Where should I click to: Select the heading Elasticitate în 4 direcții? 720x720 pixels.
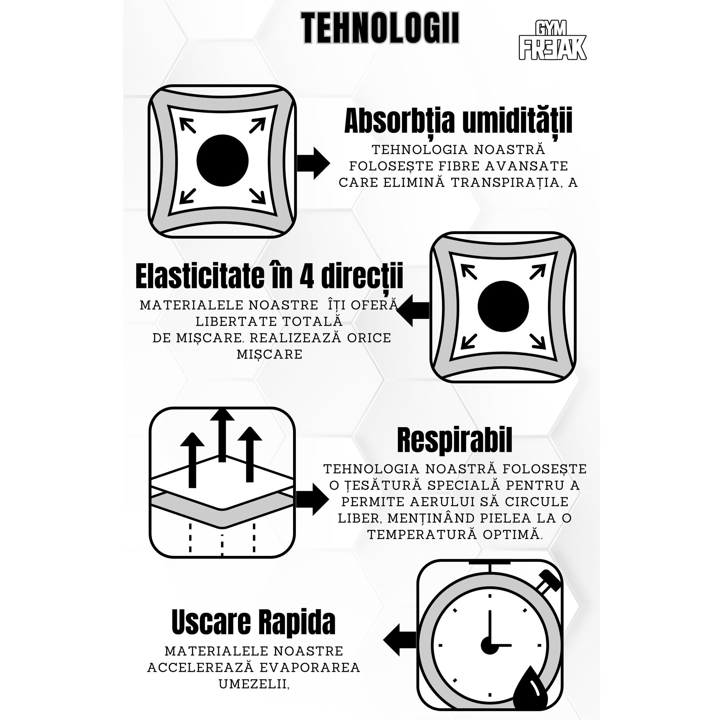(269, 276)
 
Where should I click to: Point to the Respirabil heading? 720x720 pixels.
(454, 441)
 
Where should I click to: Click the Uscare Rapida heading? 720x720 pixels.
(253, 622)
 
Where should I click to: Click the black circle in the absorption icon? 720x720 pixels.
(222, 161)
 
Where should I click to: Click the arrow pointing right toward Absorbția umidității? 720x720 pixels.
(314, 163)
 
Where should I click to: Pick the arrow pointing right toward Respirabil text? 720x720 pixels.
(312, 499)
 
